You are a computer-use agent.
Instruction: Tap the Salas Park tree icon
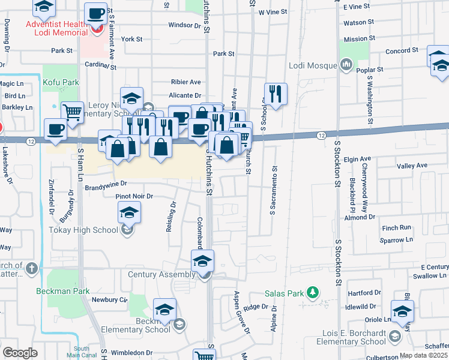pos(312,293)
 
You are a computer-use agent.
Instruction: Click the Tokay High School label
pos(92,229)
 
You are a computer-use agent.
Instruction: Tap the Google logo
pos(20,353)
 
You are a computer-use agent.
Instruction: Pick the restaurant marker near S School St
pos(276,93)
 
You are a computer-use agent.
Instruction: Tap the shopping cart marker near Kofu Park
pos(72,111)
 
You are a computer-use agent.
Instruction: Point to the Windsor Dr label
pos(184,25)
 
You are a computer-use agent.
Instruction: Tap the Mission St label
pos(360,38)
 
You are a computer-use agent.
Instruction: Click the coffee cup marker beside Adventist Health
pos(96,13)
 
